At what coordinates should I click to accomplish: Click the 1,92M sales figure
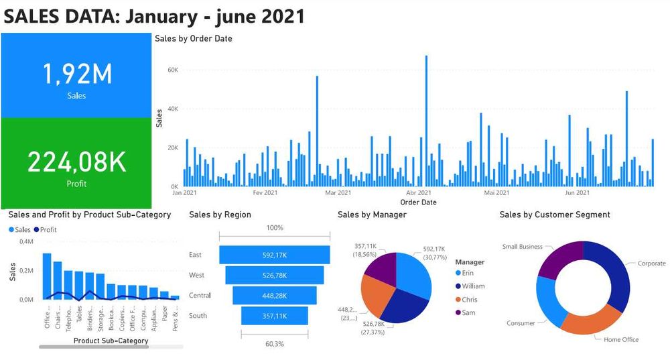pos(76,74)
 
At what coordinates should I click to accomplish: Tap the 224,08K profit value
pos(76,162)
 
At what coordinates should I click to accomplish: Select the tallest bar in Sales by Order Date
pos(426,121)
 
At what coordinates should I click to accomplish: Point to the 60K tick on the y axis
pos(172,70)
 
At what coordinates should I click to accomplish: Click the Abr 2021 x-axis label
pos(418,193)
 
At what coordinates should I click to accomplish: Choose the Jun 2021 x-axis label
pos(577,193)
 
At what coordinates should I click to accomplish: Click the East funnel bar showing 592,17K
pos(275,255)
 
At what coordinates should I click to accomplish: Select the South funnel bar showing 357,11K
pos(275,316)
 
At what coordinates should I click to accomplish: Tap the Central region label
pos(200,296)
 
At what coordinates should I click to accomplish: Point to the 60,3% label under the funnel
pos(275,344)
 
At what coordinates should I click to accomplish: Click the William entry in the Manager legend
pos(473,286)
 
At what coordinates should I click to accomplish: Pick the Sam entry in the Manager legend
pos(468,313)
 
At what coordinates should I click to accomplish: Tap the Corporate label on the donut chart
pos(651,263)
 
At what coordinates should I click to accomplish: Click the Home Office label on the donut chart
pos(621,340)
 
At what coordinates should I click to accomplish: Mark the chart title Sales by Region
pos(220,215)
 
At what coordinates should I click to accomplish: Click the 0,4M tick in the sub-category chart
pos(26,241)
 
